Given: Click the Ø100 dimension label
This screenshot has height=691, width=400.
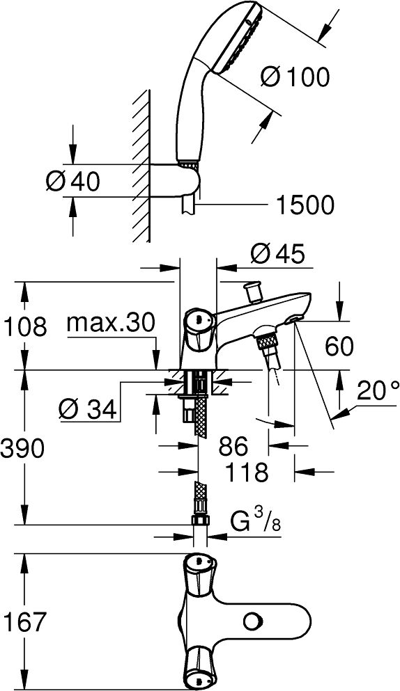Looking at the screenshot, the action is pyautogui.click(x=295, y=78).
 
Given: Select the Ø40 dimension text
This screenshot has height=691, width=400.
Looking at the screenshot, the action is pyautogui.click(x=73, y=181).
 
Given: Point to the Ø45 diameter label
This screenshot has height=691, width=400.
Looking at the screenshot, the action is pyautogui.click(x=277, y=254).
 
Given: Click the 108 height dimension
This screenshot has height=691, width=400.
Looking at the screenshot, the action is pyautogui.click(x=24, y=326).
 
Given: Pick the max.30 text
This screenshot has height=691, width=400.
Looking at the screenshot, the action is pyautogui.click(x=111, y=324).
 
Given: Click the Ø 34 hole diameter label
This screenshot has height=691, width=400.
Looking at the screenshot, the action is pyautogui.click(x=88, y=410).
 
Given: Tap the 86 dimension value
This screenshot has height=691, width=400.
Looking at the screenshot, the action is pyautogui.click(x=233, y=447).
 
